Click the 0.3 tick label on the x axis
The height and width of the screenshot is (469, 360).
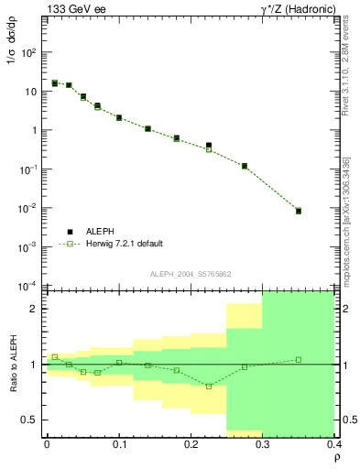click(x=263, y=443)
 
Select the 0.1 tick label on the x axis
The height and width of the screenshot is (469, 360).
click(x=118, y=443)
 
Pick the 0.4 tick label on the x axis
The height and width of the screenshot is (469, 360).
click(x=334, y=443)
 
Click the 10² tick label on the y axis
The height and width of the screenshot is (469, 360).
click(x=29, y=52)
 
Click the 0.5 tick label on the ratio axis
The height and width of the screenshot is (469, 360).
click(x=29, y=420)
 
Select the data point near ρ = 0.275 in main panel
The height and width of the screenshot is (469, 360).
click(x=245, y=166)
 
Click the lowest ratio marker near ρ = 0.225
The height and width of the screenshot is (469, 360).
click(x=209, y=387)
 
